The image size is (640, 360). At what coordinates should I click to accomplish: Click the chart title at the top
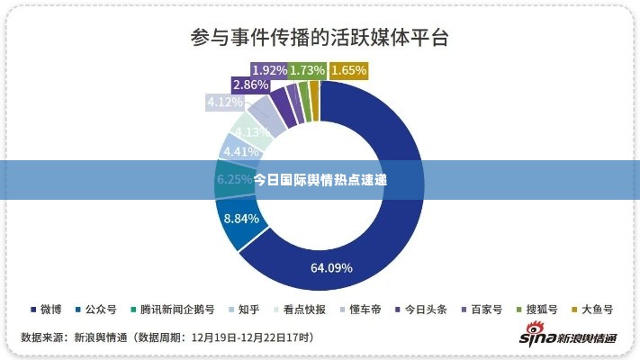click(320, 39)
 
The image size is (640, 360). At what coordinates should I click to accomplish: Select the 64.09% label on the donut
click(331, 267)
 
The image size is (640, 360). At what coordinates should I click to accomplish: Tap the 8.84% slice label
click(241, 218)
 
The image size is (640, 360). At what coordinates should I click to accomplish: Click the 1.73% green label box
click(308, 69)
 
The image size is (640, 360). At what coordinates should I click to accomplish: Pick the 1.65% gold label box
click(349, 69)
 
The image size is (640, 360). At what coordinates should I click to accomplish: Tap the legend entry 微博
click(46, 310)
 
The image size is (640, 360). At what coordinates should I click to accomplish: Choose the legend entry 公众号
click(95, 310)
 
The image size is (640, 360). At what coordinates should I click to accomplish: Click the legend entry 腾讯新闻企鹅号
click(171, 310)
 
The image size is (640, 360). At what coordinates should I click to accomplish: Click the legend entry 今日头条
click(420, 310)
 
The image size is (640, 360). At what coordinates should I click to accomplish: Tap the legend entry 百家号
click(482, 310)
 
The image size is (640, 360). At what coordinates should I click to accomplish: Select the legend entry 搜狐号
click(537, 310)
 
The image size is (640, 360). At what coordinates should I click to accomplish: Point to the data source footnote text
click(167, 337)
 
